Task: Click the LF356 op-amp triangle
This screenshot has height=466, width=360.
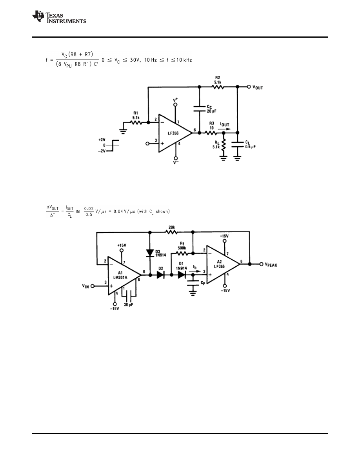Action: tap(173, 133)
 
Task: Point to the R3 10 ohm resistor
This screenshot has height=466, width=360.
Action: tap(211, 133)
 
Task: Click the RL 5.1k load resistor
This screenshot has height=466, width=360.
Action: tap(224, 146)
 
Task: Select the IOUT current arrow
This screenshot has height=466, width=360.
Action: tap(225, 128)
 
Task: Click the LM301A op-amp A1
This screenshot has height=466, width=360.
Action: tap(122, 275)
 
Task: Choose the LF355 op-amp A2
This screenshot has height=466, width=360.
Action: tap(222, 264)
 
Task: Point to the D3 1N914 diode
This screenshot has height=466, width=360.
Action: tap(150, 253)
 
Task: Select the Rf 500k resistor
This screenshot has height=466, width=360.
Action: tap(181, 253)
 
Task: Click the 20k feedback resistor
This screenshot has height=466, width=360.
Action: tap(171, 232)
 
